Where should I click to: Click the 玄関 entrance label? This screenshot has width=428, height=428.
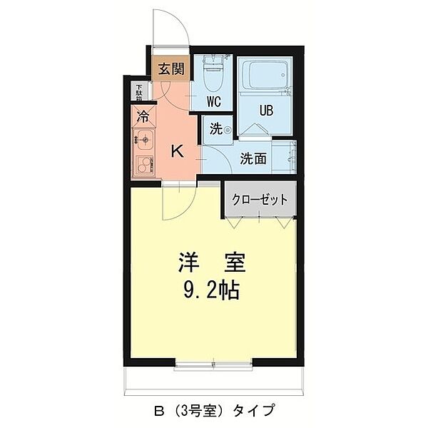[x=171, y=68]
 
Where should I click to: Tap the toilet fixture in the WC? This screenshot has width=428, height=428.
[x=213, y=73]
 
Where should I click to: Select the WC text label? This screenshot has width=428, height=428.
[x=214, y=102]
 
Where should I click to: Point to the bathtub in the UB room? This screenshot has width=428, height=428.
[x=264, y=74]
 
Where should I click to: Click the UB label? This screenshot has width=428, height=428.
[x=266, y=111]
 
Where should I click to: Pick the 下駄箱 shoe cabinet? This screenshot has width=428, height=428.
[x=140, y=92]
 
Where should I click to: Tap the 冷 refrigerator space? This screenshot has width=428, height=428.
[x=143, y=116]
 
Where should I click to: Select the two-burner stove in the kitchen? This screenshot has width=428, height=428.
[x=144, y=164]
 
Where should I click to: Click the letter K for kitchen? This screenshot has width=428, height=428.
[x=177, y=151]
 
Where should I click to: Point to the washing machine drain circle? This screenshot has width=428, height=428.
[x=228, y=131]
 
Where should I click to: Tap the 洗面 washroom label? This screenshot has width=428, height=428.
[x=253, y=158]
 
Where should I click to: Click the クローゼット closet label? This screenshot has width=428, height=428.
[x=260, y=200]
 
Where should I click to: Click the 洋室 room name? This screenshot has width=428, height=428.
[x=212, y=263]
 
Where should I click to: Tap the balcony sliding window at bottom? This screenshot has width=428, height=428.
[x=213, y=364]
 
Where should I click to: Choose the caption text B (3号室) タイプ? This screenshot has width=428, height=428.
[x=214, y=409]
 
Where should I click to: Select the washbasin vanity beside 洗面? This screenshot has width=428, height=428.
[x=284, y=157]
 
